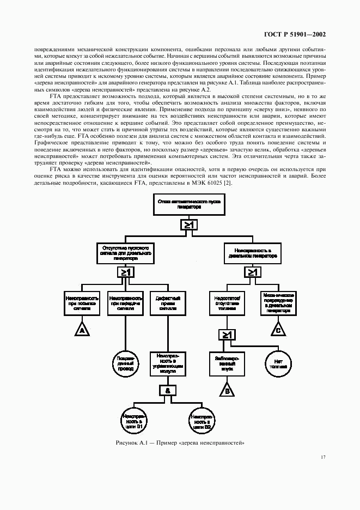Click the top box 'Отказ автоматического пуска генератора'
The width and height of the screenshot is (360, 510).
179,204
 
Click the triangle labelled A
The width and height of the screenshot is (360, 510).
82,330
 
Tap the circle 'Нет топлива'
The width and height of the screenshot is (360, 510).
278,363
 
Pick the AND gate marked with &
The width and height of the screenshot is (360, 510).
167,390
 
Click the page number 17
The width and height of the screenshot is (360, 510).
323,457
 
